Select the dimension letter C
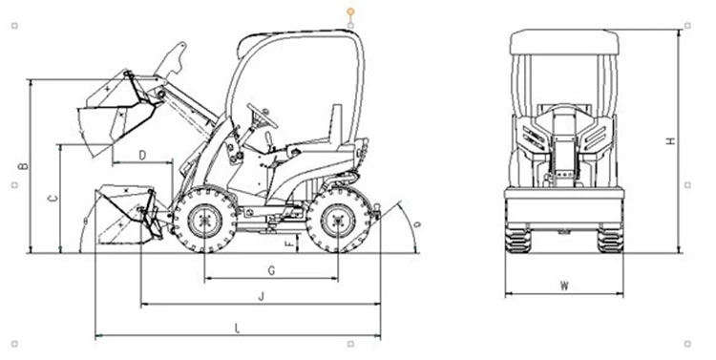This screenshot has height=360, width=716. point(53,198)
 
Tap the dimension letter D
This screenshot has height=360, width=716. point(142,156)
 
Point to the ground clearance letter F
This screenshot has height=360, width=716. point(289,244)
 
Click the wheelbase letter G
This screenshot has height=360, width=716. point(271,271)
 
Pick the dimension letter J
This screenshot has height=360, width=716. point(262,297)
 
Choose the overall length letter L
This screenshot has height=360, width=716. point(237,328)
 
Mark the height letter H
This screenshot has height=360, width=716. point(670,141)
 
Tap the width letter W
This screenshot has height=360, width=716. point(565,286)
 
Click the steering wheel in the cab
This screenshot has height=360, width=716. point(263,116)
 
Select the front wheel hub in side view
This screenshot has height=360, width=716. point(205,221)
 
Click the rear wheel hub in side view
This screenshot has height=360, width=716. point(337,221)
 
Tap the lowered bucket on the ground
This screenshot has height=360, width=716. point(129,214)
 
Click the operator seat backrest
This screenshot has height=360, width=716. point(337,124)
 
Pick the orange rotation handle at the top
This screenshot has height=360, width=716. point(350,11)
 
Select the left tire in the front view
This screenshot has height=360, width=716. point(517,240)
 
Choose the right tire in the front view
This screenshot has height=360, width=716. point(611,240)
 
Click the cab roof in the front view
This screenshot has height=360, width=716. point(564,42)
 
